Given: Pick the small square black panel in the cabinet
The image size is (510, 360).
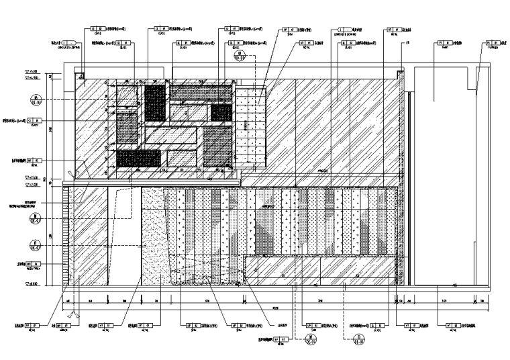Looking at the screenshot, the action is [x=221, y=111].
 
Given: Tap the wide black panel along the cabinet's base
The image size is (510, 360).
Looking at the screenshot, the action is [x=138, y=159].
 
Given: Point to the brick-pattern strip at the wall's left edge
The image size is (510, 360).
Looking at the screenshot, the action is [x=66, y=235].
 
